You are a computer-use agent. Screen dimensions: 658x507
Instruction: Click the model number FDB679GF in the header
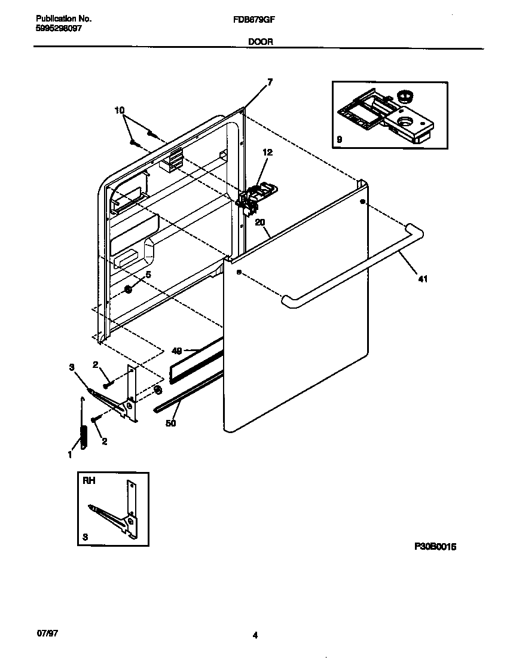click(x=253, y=19)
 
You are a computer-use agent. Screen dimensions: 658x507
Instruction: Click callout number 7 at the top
click(x=270, y=83)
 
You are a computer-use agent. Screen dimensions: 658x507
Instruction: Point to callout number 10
click(x=120, y=110)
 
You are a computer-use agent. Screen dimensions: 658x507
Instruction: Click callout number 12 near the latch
click(x=267, y=153)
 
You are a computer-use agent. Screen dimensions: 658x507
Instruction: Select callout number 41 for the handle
click(x=423, y=279)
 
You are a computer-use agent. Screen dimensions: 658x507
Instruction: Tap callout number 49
click(x=176, y=351)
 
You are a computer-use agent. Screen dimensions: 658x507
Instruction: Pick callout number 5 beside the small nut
click(x=148, y=275)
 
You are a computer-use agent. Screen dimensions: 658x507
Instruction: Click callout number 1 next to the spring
click(x=69, y=455)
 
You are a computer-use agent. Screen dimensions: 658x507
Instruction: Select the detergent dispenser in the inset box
click(x=389, y=117)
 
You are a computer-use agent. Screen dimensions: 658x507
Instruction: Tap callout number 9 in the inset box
click(x=339, y=139)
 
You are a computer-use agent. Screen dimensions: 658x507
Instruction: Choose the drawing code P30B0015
click(x=435, y=546)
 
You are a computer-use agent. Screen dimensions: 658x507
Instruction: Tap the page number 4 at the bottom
click(x=255, y=635)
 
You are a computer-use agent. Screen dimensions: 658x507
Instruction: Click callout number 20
click(x=259, y=222)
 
